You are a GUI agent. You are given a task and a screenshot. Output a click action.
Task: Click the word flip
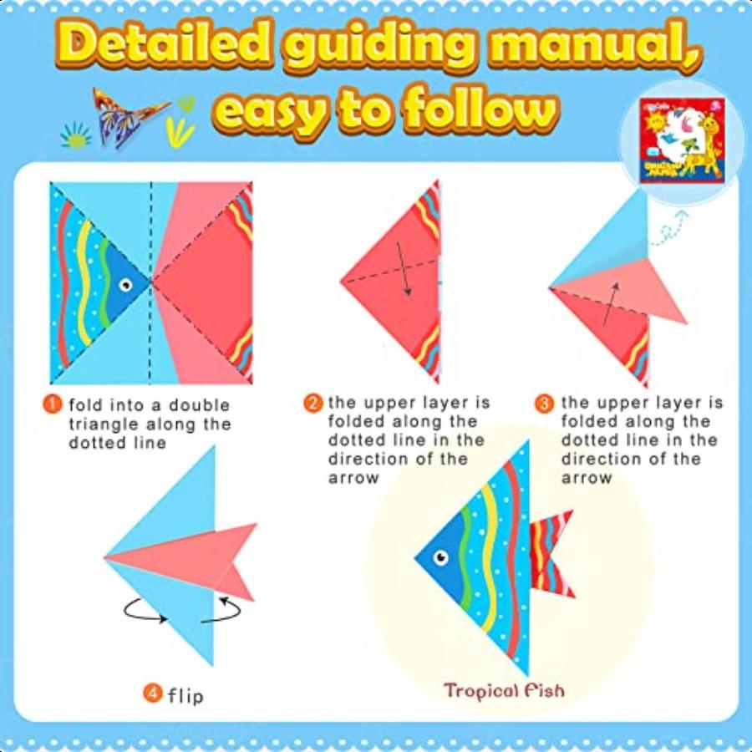point(185,694)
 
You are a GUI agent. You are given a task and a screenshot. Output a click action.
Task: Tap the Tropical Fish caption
point(504,690)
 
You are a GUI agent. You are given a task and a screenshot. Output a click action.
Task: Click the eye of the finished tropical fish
point(441,556)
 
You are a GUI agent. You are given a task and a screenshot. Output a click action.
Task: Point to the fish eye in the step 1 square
point(125,286)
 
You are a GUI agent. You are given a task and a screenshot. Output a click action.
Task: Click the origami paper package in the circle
point(678,142)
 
